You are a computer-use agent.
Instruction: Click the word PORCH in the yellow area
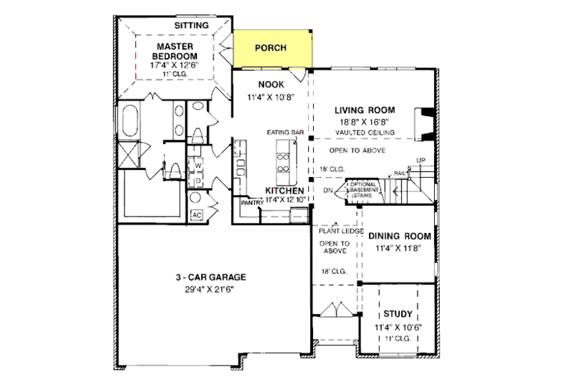[x=271, y=48]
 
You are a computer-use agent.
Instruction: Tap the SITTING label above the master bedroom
[x=192, y=26]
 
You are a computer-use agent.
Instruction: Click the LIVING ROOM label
[x=365, y=110]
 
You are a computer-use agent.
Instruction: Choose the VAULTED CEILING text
[x=365, y=133]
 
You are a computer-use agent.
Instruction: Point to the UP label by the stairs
[x=420, y=161]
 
